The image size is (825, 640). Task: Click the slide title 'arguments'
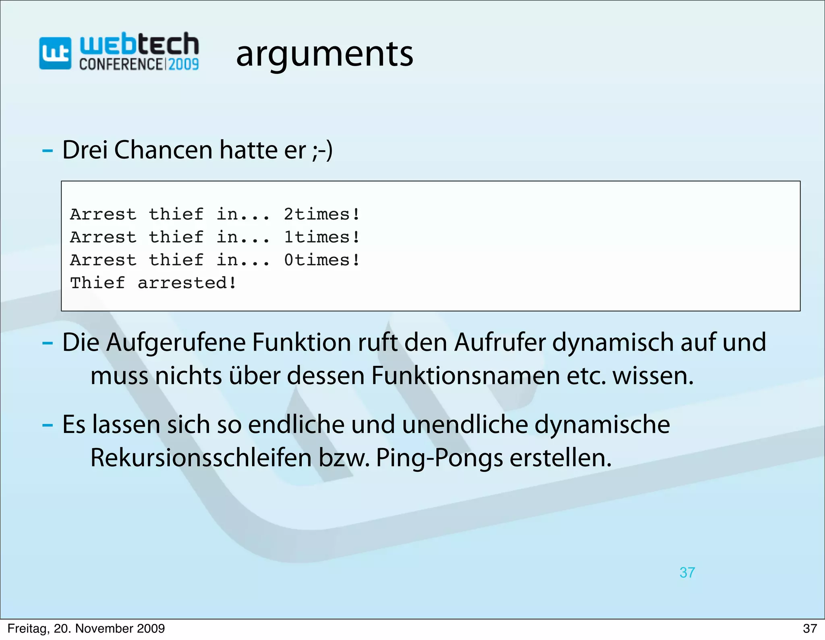(x=325, y=55)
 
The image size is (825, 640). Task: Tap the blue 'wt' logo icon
(x=55, y=53)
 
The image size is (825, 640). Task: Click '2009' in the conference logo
(x=183, y=64)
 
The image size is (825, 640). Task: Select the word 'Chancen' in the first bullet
(x=163, y=150)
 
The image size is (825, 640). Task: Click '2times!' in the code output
(x=321, y=214)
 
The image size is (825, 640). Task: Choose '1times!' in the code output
(x=321, y=237)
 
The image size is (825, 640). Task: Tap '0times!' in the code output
(x=321, y=260)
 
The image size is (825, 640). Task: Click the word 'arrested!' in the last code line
(x=187, y=283)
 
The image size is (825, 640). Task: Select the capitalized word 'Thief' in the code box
(x=97, y=283)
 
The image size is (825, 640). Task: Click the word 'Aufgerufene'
(x=176, y=343)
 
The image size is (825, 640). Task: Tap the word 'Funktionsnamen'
(x=465, y=376)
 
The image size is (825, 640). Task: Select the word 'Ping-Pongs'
(x=439, y=458)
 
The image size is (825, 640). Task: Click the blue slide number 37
(x=687, y=573)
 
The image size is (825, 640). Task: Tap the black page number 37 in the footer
(x=810, y=628)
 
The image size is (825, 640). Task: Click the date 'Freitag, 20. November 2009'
(x=86, y=628)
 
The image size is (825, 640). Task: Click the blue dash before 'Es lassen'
(x=48, y=426)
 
